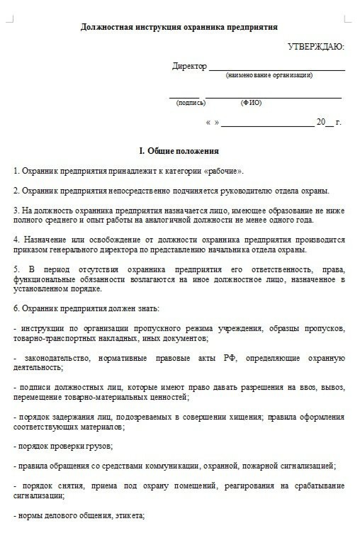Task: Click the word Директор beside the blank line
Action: coord(189,66)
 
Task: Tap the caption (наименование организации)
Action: coord(269,75)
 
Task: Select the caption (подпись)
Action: coord(191,103)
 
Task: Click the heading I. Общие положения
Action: coord(179,151)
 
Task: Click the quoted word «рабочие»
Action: coord(224,171)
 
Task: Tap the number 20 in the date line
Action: coord(321,122)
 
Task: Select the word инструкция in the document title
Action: coord(157,27)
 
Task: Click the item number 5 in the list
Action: coord(16,270)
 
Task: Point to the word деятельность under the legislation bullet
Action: coord(38,368)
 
